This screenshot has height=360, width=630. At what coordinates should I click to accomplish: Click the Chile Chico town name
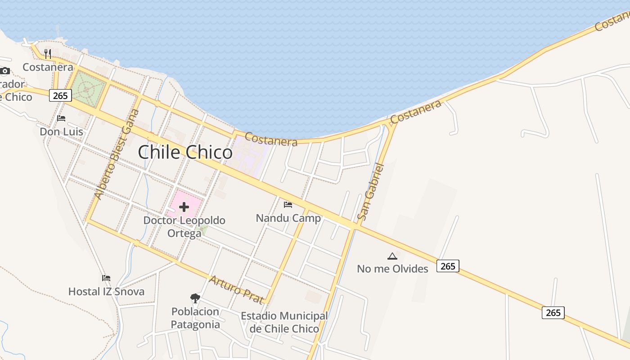click(x=185, y=153)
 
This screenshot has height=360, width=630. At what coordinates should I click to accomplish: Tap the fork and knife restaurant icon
click(x=48, y=54)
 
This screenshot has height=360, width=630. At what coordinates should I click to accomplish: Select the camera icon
click(x=5, y=71)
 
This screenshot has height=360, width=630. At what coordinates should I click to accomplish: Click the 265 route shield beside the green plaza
click(x=60, y=95)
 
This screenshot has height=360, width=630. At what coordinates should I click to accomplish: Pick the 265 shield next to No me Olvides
click(x=448, y=266)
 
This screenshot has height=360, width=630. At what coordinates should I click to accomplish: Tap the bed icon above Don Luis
click(x=61, y=118)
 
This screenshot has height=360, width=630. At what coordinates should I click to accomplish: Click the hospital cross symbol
click(x=184, y=207)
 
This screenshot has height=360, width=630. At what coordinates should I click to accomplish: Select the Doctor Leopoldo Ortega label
click(x=184, y=227)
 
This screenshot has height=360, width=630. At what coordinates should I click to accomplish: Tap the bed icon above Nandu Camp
click(x=288, y=205)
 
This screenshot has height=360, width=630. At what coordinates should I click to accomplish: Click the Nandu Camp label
click(x=288, y=218)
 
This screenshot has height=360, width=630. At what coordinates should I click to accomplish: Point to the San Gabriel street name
click(x=371, y=192)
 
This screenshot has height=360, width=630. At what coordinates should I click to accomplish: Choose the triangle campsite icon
click(x=392, y=256)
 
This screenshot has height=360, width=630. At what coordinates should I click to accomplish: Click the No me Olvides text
click(x=392, y=269)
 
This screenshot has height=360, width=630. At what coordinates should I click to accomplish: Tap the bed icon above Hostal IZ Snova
click(x=106, y=278)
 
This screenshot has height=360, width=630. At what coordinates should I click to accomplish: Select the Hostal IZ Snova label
click(x=106, y=292)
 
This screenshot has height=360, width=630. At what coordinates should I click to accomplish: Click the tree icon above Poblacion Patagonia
click(x=195, y=298)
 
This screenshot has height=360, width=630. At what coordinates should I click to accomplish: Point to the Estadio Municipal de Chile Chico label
click(x=284, y=322)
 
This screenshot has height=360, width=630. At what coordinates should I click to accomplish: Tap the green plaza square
click(x=88, y=89)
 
